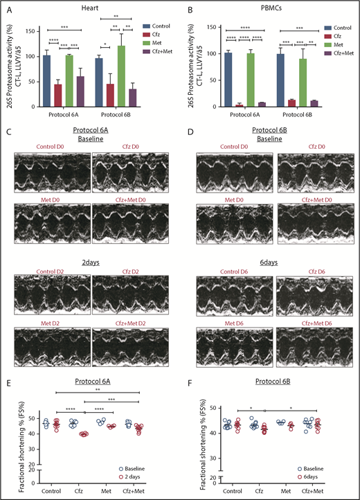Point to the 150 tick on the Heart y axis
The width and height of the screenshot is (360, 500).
35,30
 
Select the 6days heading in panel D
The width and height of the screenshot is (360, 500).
275,265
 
